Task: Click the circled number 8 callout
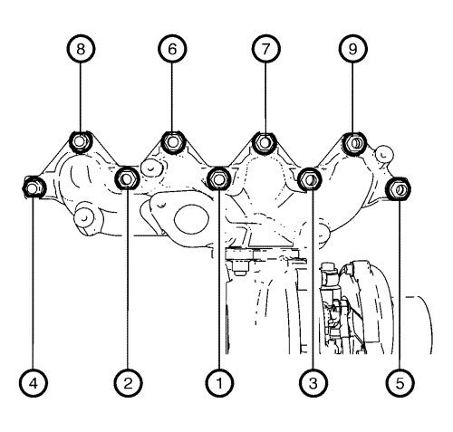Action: pos(81,49)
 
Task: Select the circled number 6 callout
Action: pos(172,49)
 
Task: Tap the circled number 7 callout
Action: pos(265,49)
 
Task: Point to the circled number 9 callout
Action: pos(353,49)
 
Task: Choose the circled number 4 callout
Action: pos(34,383)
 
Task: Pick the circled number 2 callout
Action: pos(128,383)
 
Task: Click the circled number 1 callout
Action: pos(219,383)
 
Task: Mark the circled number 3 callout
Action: pos(313,383)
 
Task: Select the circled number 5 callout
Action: pos(400,383)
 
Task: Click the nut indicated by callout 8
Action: pos(80,142)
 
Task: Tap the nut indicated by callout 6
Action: pos(172,142)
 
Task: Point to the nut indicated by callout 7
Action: pos(265,142)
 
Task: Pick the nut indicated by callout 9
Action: pos(355,143)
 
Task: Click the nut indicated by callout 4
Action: pos(34,187)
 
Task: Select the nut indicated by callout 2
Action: pos(127,178)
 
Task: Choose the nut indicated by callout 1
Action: pos(219,179)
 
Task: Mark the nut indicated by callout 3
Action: pos(310,180)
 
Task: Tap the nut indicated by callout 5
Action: pos(399,188)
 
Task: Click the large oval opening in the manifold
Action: pos(191,219)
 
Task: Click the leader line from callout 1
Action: pos(219,280)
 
